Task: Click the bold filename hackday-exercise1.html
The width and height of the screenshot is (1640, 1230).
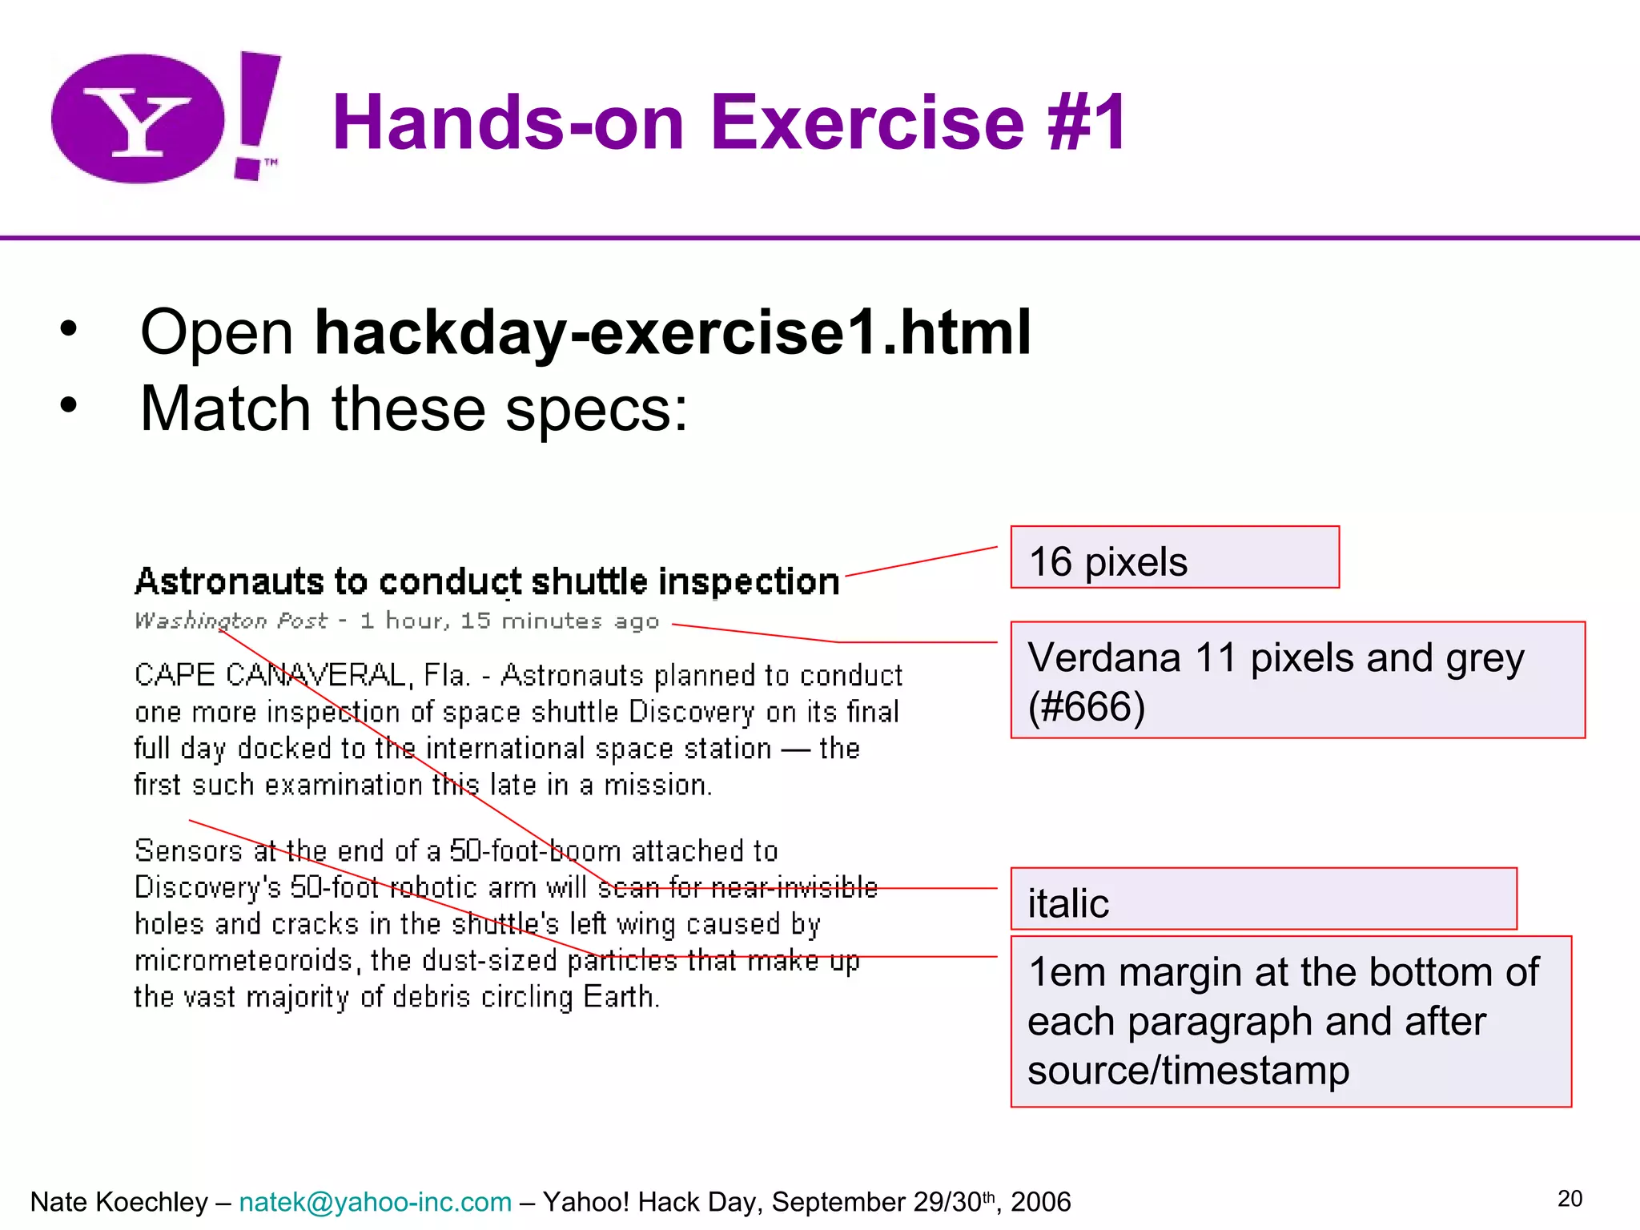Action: tap(673, 332)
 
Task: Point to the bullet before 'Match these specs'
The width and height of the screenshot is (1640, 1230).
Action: tap(69, 405)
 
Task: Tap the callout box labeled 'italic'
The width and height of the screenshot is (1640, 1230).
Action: tap(1263, 899)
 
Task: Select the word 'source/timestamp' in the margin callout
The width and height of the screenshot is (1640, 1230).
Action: tap(1188, 1071)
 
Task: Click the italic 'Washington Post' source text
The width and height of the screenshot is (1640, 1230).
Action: tap(231, 621)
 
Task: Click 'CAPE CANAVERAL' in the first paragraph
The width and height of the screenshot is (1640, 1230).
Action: tap(271, 675)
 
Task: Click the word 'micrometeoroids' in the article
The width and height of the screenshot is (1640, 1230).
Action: tap(243, 960)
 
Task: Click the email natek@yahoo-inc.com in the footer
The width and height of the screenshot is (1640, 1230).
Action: tap(375, 1202)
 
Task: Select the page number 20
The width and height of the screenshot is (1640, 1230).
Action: tap(1570, 1199)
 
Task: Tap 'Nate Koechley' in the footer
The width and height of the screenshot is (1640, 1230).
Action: tap(119, 1202)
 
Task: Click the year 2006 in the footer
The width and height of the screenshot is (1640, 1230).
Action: tap(1040, 1202)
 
